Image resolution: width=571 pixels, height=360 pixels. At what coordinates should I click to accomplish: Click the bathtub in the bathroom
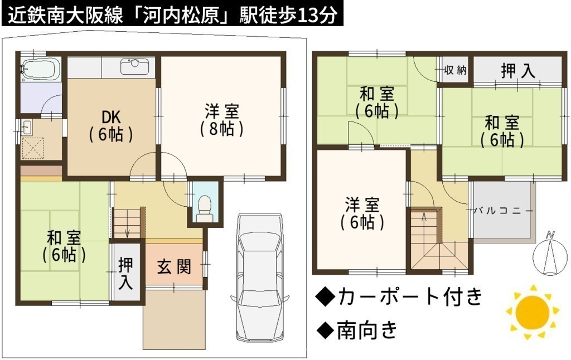coord(41,69)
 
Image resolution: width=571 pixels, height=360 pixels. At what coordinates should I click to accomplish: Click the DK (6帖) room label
coord(111,125)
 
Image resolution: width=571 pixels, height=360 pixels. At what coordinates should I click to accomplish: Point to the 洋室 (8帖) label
coord(222,120)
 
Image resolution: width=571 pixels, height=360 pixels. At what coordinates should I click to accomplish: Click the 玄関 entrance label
coord(174,267)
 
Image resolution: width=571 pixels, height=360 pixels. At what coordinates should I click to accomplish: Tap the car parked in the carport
coord(260,278)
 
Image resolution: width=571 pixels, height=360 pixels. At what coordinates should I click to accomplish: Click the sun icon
coord(533,312)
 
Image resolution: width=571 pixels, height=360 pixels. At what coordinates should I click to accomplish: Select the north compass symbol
coord(549,253)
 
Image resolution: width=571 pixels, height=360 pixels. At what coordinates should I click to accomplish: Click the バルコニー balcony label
coord(504,211)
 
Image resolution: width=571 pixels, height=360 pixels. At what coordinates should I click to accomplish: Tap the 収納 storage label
coord(455,70)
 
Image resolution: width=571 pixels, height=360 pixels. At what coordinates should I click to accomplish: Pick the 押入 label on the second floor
coord(518,71)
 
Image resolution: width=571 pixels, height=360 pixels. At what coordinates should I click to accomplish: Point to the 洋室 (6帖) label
coord(362,213)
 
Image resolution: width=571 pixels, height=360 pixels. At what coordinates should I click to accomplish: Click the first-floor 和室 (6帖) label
coord(64,246)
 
